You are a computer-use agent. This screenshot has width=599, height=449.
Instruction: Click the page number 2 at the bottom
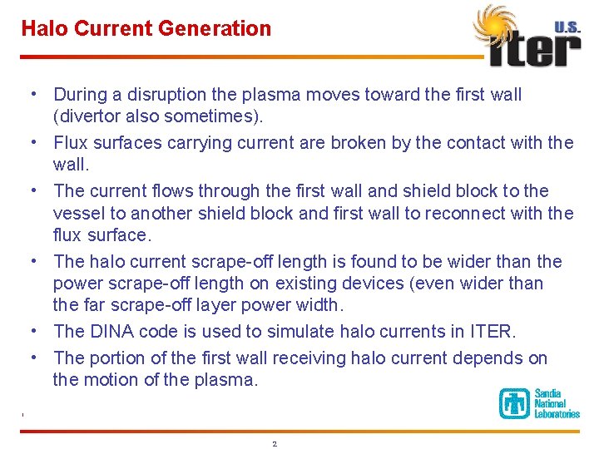tap(275, 444)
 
